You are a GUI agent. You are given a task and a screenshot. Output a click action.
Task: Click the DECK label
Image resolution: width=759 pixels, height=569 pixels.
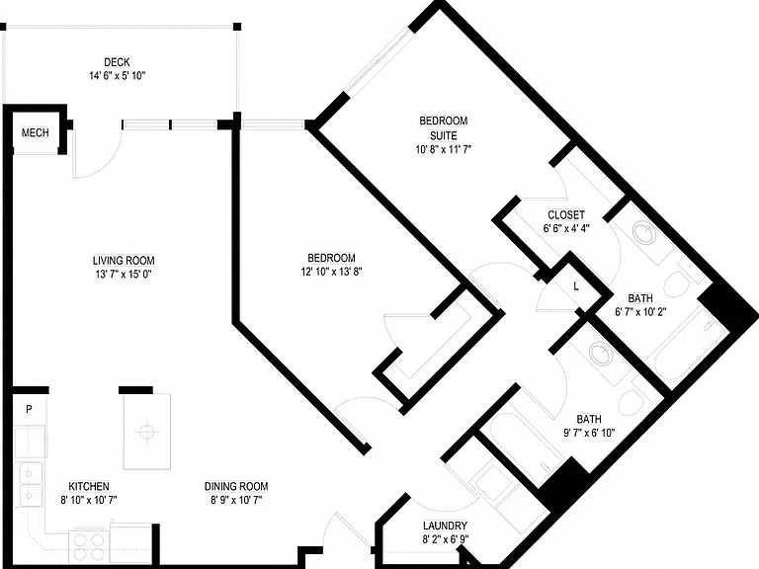click(x=117, y=62)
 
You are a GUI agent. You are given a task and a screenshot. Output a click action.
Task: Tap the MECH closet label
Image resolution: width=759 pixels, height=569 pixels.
click(x=36, y=132)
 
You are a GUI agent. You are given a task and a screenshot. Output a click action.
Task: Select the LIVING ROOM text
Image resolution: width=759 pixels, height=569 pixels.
click(x=124, y=261)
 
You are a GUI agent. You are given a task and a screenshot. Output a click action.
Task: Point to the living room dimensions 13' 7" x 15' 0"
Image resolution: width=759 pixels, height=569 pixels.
click(x=124, y=275)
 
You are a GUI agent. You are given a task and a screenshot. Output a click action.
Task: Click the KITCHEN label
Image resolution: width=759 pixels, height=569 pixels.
click(x=89, y=486)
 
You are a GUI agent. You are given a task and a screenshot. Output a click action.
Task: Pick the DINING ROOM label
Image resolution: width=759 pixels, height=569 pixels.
click(x=236, y=486)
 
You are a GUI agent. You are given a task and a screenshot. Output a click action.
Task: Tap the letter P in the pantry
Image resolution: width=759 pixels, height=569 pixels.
click(x=29, y=409)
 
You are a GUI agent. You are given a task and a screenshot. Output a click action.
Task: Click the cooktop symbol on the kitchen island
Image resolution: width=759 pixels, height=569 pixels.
click(x=146, y=432)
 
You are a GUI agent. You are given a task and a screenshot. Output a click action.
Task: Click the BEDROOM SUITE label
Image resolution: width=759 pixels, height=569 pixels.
click(x=444, y=127)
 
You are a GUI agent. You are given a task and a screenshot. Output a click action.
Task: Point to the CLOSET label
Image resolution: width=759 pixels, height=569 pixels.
click(x=566, y=214)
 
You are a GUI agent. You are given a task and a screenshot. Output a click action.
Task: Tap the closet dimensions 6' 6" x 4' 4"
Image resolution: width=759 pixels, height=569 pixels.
click(x=566, y=228)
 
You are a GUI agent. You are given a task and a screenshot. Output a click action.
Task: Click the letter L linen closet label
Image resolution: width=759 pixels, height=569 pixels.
click(x=576, y=285)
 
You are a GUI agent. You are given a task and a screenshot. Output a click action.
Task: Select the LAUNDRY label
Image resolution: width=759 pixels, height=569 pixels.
click(x=445, y=526)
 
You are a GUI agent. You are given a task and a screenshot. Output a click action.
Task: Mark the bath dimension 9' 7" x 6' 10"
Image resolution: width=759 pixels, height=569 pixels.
click(x=589, y=433)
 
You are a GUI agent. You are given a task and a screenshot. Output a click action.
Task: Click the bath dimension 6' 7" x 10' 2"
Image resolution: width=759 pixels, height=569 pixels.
click(x=640, y=311)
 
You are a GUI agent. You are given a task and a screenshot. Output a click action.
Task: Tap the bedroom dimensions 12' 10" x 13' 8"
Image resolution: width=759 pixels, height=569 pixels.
click(x=332, y=272)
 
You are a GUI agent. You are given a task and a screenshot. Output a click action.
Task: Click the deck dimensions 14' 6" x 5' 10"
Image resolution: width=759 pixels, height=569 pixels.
click(x=117, y=76)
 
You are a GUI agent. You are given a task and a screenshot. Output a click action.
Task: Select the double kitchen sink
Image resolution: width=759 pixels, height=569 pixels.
click(x=30, y=484)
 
